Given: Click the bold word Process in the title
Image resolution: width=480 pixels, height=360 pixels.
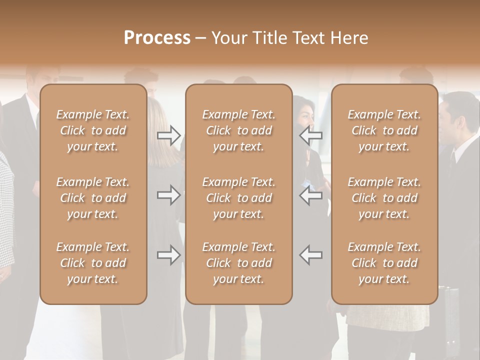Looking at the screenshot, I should click(x=157, y=37).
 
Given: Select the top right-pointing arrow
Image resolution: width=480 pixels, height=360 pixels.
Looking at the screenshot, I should click(x=168, y=135).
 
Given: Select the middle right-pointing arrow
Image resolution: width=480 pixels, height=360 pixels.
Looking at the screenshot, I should click(x=168, y=195).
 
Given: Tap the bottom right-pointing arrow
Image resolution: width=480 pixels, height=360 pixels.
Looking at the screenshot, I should click(x=168, y=255).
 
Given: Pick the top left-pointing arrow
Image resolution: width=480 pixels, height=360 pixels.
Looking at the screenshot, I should click(x=310, y=135).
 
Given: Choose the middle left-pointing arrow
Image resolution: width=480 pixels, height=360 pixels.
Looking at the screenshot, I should click(x=310, y=195).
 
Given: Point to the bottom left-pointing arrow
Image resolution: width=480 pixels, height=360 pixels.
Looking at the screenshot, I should click(x=310, y=255).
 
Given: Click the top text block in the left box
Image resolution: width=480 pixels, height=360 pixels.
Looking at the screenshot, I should click(x=93, y=130).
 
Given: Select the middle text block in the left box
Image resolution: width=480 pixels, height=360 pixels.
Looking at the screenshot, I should click(x=93, y=198).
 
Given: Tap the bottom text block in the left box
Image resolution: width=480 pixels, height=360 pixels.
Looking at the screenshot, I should click(x=93, y=263).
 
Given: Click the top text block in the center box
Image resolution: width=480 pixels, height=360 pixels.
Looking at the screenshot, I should click(x=239, y=130).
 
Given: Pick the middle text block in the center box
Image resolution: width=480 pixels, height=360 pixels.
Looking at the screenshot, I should click(x=239, y=198).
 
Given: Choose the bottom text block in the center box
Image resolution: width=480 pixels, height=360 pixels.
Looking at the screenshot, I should click(x=239, y=263).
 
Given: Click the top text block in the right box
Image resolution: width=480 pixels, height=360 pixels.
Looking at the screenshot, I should click(x=384, y=130).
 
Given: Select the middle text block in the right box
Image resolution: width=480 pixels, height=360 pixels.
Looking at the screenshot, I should click(x=384, y=198).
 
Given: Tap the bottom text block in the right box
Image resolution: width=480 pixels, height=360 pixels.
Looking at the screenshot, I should click(x=384, y=263).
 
